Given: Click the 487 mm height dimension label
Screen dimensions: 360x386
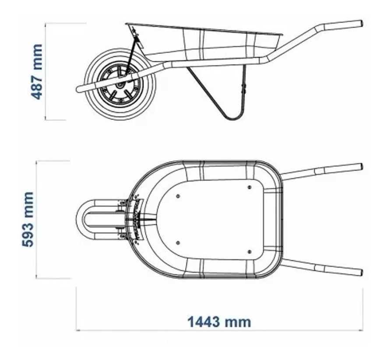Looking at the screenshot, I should pyautogui.click(x=37, y=71).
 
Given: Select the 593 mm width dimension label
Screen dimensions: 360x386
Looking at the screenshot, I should pyautogui.click(x=28, y=219).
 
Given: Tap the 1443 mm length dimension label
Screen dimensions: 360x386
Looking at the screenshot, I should pyautogui.click(x=219, y=322).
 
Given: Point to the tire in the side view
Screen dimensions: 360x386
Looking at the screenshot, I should pyautogui.click(x=93, y=104).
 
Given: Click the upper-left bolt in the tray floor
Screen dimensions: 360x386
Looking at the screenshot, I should pyautogui.click(x=178, y=196).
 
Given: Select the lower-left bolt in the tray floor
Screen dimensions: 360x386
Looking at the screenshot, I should pyautogui.click(x=178, y=242).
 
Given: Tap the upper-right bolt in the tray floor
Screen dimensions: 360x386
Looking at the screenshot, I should pyautogui.click(x=249, y=187).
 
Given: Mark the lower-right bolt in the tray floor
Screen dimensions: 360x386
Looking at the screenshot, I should pyautogui.click(x=249, y=251).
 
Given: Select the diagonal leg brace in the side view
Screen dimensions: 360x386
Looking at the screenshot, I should pyautogui.click(x=206, y=92).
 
